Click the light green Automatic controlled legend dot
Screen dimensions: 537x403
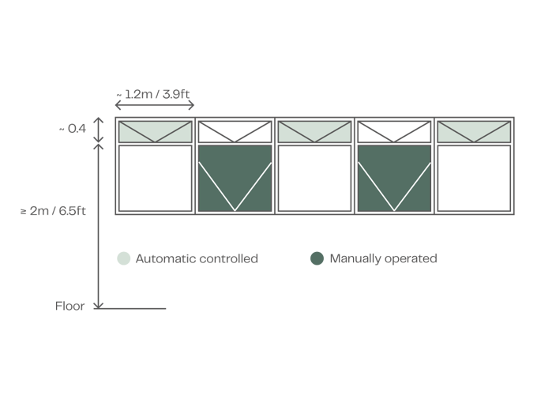(x=124, y=258)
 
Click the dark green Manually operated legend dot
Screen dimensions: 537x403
(x=317, y=258)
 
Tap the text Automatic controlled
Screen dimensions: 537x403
(x=197, y=258)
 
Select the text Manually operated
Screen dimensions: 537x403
(x=383, y=258)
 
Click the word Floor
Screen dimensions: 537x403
(x=69, y=306)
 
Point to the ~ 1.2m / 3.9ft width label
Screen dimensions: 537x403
(x=153, y=94)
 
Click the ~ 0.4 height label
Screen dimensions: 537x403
(x=73, y=129)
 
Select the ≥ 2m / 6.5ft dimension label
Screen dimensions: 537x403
(x=53, y=211)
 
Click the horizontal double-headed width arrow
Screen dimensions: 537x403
(x=155, y=105)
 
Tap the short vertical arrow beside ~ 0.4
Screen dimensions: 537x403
(x=99, y=130)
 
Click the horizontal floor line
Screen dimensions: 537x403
(x=130, y=309)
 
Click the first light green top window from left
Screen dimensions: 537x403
(x=155, y=132)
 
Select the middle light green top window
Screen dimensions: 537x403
(x=314, y=132)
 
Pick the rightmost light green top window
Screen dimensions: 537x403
(x=474, y=132)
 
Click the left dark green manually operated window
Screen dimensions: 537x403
(x=235, y=179)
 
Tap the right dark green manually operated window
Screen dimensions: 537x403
(x=394, y=179)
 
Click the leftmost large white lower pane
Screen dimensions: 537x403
(x=155, y=179)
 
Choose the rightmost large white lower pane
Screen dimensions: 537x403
(x=474, y=179)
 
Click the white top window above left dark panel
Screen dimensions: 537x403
(x=235, y=132)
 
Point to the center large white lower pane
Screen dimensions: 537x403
(x=314, y=179)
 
